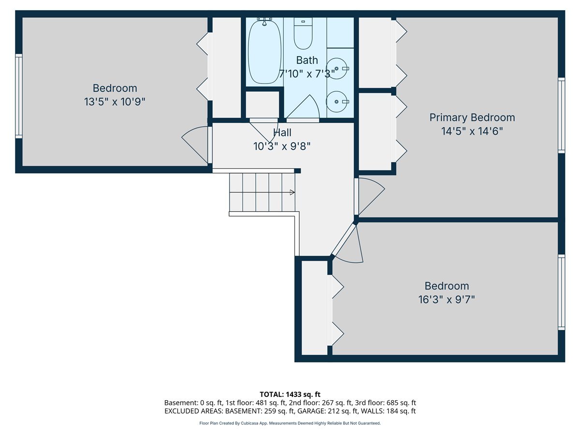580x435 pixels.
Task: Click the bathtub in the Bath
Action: pyautogui.click(x=264, y=52)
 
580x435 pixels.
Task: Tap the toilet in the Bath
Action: pyautogui.click(x=303, y=33)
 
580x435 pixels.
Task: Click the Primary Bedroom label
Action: pyautogui.click(x=472, y=117)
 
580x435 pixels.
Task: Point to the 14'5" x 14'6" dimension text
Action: pyautogui.click(x=472, y=131)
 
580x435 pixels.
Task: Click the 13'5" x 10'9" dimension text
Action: pyautogui.click(x=115, y=101)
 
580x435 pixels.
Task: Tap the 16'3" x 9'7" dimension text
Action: pyautogui.click(x=447, y=300)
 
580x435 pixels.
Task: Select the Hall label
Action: pyautogui.click(x=282, y=132)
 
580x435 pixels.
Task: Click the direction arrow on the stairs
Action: pyautogui.click(x=292, y=192)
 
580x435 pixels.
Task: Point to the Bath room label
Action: pyautogui.click(x=307, y=60)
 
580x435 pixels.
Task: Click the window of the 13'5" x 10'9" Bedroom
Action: pyautogui.click(x=19, y=96)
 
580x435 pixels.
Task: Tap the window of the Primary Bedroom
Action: pyautogui.click(x=561, y=116)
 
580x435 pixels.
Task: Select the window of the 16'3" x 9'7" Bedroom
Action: pyautogui.click(x=561, y=292)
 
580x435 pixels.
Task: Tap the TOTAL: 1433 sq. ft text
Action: pyautogui.click(x=290, y=394)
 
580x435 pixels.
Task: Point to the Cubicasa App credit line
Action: pyautogui.click(x=290, y=423)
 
